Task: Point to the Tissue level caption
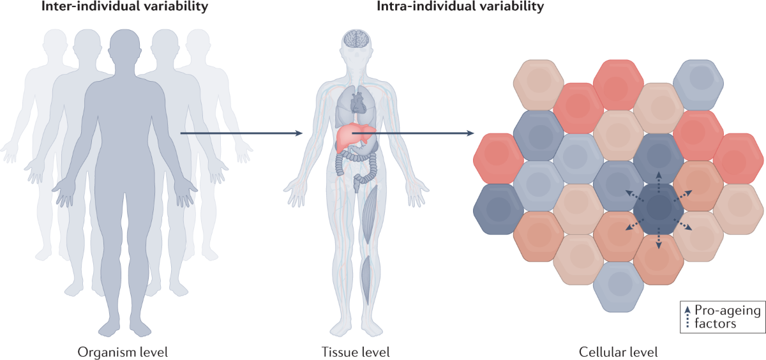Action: coord(356,352)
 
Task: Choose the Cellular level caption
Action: coord(618,352)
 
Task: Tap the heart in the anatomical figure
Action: coord(357,101)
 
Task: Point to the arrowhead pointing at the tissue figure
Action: coord(298,133)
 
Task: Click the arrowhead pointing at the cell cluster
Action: coord(470,133)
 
